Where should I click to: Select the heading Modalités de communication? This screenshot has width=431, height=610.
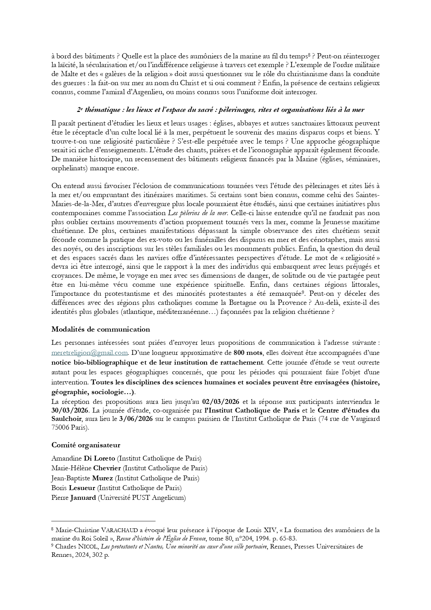click(100, 330)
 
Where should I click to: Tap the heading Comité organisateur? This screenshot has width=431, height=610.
click(86, 445)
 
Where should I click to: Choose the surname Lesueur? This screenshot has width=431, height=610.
click(82, 488)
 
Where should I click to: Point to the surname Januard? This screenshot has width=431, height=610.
click(83, 498)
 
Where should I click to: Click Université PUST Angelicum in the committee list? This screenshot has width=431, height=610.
click(141, 498)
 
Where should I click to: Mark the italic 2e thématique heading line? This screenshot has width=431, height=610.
click(220, 110)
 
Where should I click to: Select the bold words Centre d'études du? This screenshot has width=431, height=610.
click(348, 410)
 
